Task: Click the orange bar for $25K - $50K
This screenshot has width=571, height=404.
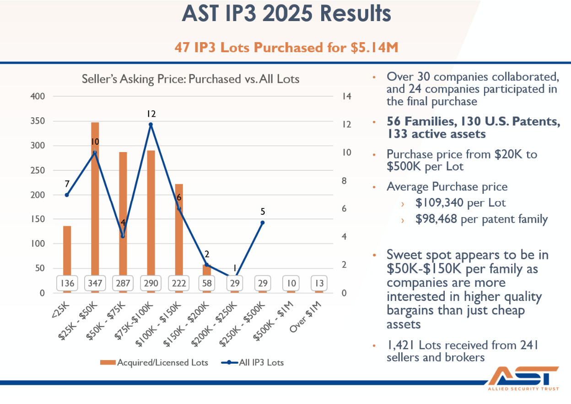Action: tap(95, 207)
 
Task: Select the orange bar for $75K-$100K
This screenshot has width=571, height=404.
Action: tap(151, 222)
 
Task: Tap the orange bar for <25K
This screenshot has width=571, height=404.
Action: tap(67, 259)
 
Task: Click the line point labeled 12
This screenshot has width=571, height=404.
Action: tap(151, 125)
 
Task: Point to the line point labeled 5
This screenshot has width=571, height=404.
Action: tap(263, 223)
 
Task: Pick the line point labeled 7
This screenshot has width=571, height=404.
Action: tap(67, 195)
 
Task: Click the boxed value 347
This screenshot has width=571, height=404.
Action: tap(95, 283)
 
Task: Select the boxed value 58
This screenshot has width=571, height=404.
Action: tap(207, 283)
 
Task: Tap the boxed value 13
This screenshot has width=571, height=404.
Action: tap(319, 283)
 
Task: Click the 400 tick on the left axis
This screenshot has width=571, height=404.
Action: tap(38, 97)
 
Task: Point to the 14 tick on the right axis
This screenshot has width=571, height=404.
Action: tap(347, 96)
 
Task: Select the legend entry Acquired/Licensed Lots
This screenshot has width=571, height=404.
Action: tap(154, 362)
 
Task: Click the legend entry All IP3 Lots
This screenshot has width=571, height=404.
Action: tap(253, 362)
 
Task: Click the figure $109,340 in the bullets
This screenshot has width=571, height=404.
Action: tap(439, 202)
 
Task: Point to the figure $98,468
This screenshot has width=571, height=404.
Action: tap(436, 218)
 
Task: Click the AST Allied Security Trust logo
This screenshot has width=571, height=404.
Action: tap(523, 378)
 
